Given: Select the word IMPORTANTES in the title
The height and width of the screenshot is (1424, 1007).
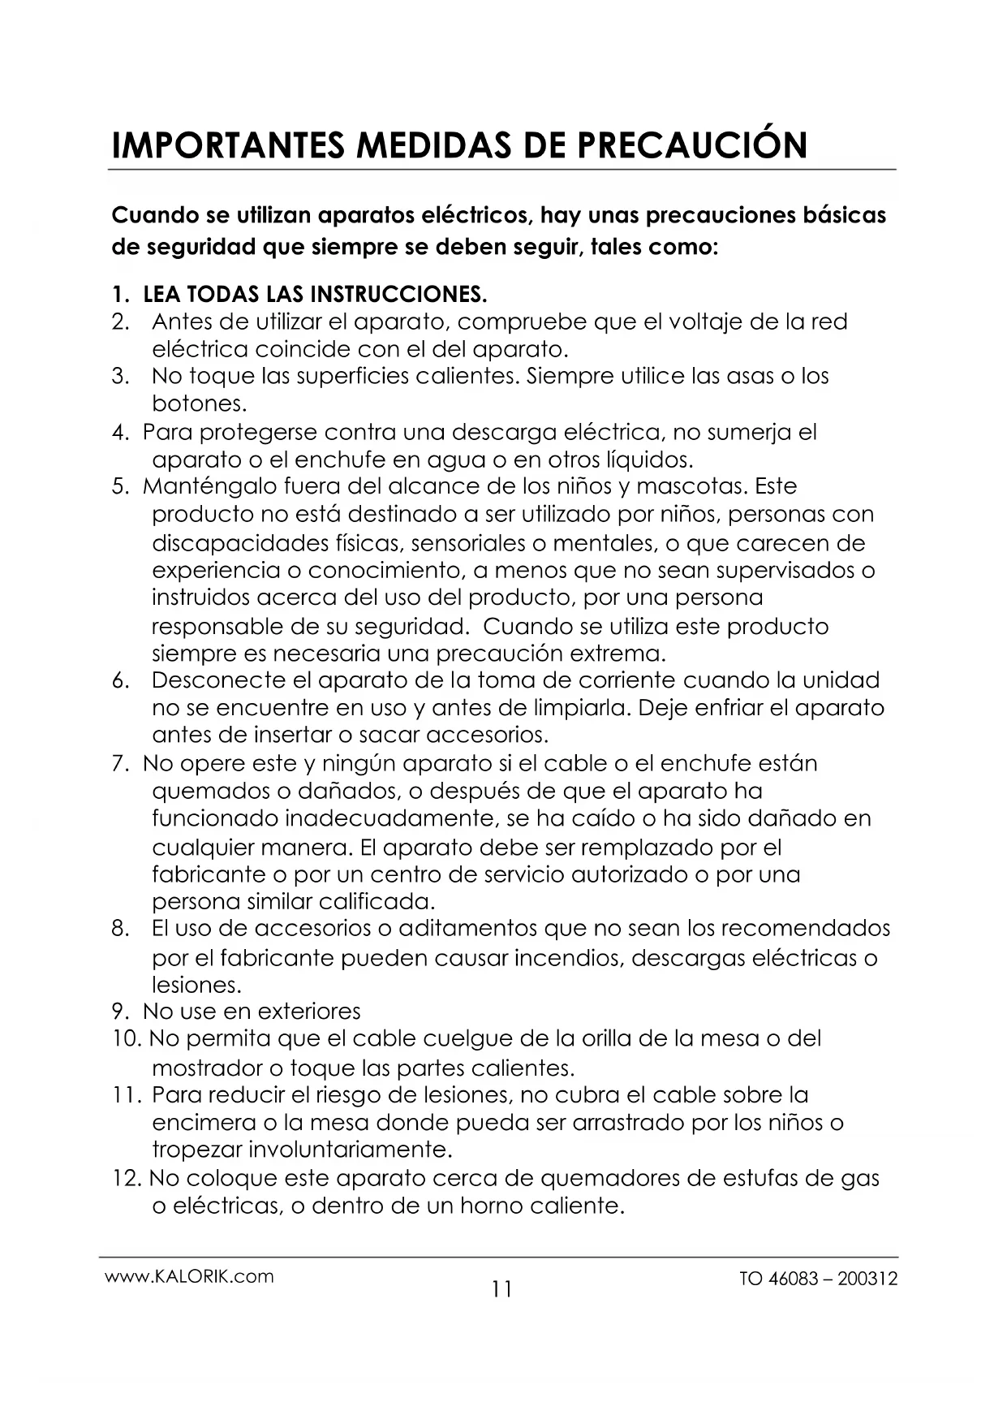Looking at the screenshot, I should tap(213, 145).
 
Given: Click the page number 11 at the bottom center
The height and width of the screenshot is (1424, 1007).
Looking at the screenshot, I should tap(502, 1288).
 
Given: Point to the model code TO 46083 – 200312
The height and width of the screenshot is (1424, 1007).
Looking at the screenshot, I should tap(819, 1279).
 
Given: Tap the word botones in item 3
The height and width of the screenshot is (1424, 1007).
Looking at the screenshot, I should tap(198, 403).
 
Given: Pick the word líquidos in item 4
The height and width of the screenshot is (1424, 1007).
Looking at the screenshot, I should tap(649, 460).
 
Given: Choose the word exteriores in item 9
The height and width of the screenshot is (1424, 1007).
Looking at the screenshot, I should tap(308, 1012).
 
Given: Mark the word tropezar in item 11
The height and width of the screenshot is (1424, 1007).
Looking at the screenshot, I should tap(196, 1150).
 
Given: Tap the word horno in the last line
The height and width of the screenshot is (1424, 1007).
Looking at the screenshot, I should tap(490, 1206).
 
